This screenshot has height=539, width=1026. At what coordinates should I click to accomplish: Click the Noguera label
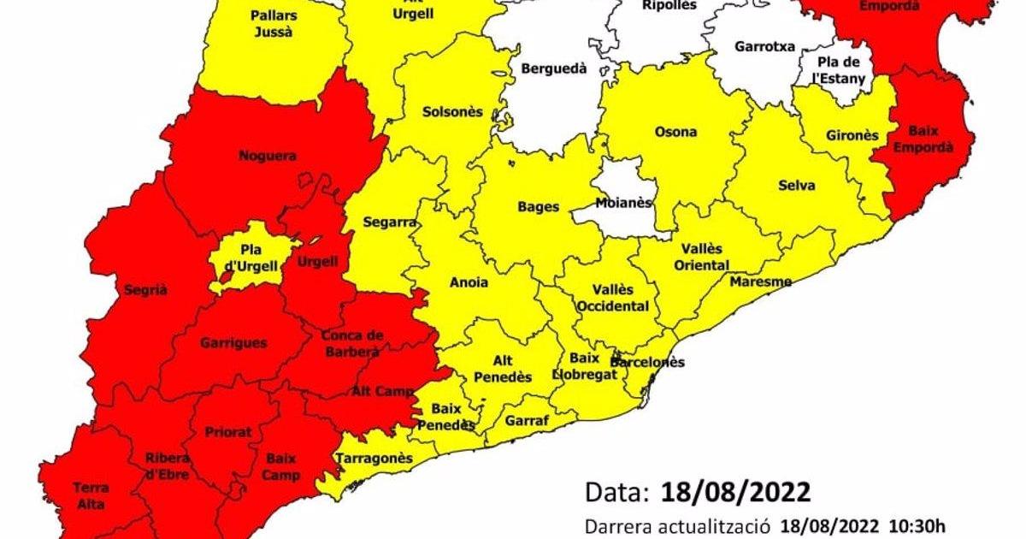268,156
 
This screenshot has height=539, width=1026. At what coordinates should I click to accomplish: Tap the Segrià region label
145,289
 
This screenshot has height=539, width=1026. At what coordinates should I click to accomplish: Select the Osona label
675,132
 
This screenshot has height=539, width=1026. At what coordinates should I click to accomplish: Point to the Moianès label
623,203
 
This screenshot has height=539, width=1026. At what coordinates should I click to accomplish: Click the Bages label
539,206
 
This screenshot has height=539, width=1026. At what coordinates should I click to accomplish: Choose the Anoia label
469,282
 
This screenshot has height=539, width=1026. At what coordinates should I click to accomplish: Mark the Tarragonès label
374,459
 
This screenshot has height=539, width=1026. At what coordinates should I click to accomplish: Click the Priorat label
228,433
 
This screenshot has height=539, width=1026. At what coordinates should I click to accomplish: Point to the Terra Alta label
91,495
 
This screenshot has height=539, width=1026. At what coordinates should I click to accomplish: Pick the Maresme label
760,281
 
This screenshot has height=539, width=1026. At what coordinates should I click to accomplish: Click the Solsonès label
452,112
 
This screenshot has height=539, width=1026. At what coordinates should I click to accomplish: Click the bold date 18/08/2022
735,493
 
